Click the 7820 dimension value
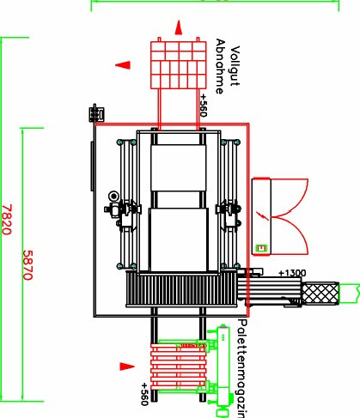tap(7, 220)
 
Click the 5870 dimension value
tap(27, 265)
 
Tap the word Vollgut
tap(235, 66)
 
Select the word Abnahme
tap(220, 67)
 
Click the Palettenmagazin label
tap(242, 368)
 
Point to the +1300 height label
tap(292, 273)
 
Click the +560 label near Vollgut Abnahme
tap(203, 106)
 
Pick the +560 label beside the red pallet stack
tap(144, 394)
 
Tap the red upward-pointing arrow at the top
tap(179, 27)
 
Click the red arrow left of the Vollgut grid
tap(123, 65)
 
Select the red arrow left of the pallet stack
tap(127, 367)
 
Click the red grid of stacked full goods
tap(178, 65)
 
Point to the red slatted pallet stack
tap(179, 367)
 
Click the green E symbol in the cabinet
tap(261, 248)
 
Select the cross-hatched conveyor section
tap(320, 293)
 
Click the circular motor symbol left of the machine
tap(113, 197)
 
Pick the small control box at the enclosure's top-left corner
tap(96, 113)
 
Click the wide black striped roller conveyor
tap(182, 289)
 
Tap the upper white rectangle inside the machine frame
tap(179, 168)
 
